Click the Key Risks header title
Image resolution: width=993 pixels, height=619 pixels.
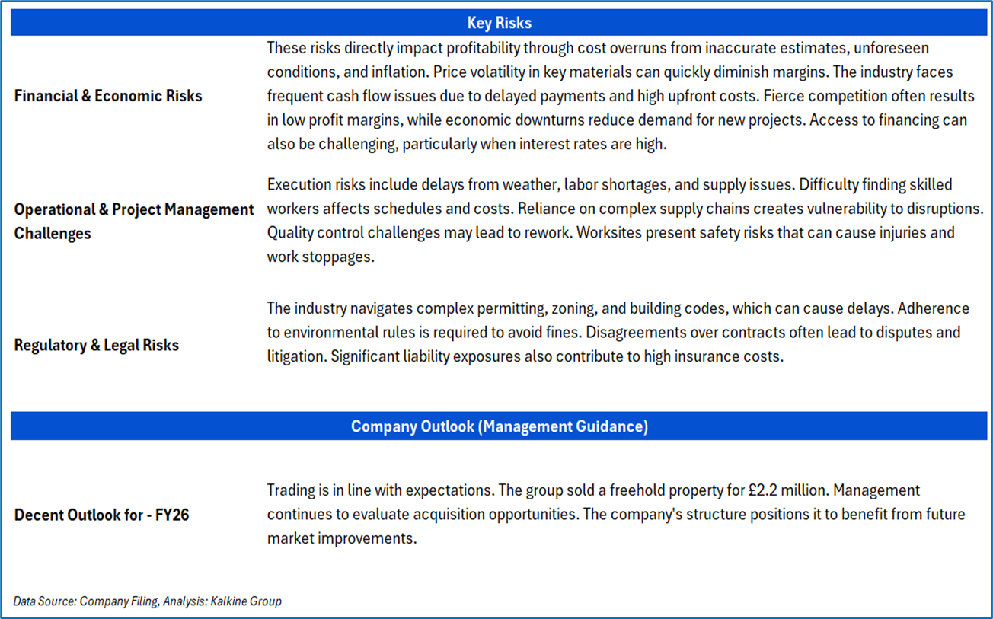tap(499, 23)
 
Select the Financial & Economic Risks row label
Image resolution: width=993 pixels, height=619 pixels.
tap(108, 96)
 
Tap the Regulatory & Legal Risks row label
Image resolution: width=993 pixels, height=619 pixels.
tap(97, 345)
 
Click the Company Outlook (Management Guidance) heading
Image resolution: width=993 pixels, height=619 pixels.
tap(499, 426)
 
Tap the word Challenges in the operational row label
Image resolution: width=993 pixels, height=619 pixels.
tap(53, 234)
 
